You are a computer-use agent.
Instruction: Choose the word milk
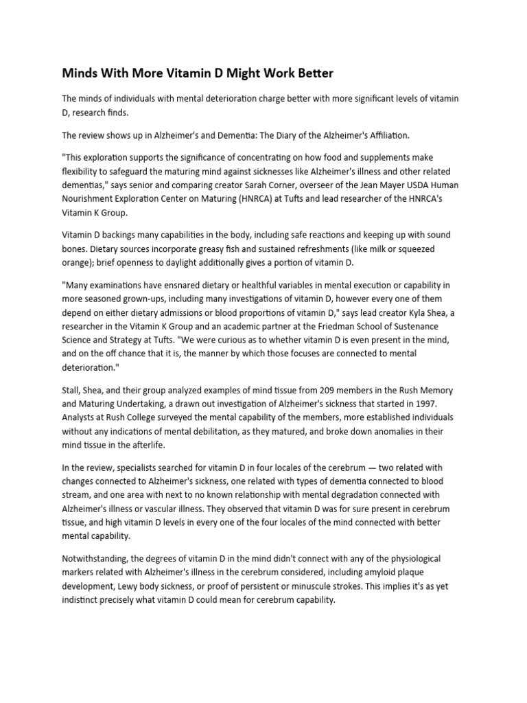pos(360,248)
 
